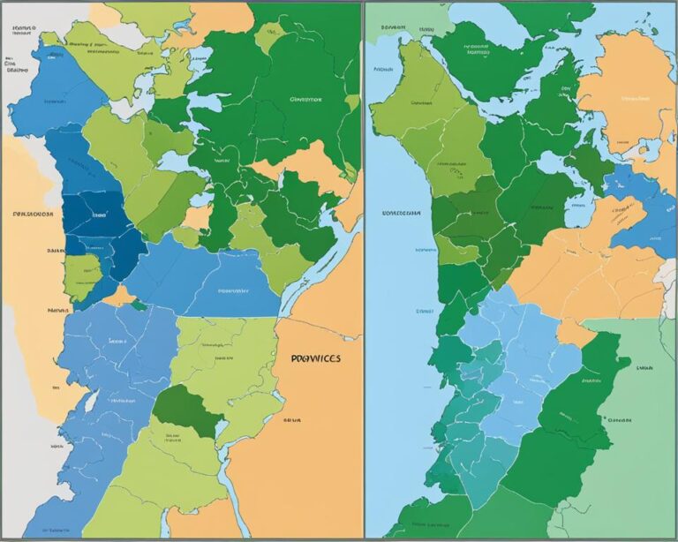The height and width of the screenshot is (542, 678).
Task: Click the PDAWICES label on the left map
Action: click(x=315, y=360)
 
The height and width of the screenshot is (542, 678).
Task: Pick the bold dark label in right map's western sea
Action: click(x=399, y=214)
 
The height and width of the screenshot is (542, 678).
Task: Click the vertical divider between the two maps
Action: click(x=362, y=265)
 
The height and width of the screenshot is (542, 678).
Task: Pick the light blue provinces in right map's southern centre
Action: click(x=521, y=353)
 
